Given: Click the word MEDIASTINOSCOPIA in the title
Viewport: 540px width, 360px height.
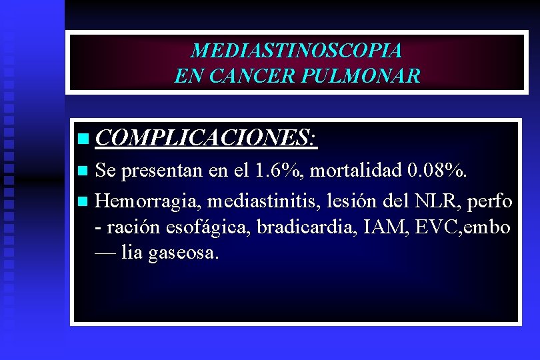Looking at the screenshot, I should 296,51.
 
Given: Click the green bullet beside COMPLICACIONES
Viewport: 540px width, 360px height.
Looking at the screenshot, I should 82,139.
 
